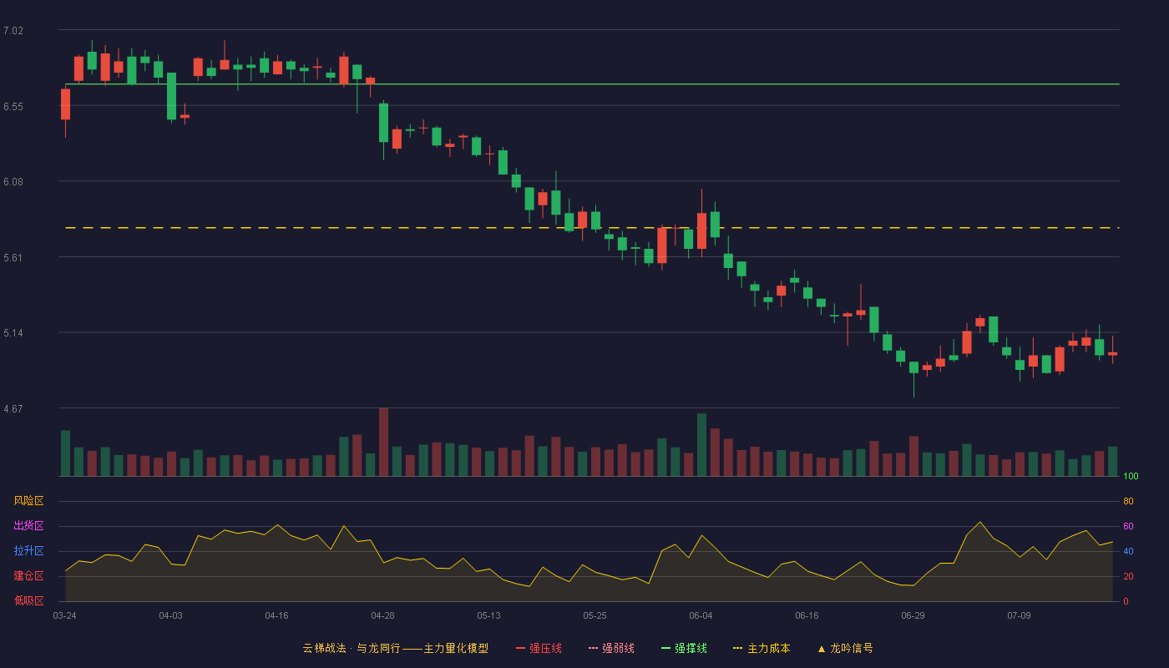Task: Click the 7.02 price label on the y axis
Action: coord(13,31)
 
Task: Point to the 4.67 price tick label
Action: coord(13,409)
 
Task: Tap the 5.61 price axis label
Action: coord(13,258)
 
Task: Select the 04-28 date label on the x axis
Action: coord(382,616)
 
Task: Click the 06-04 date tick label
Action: coord(701,616)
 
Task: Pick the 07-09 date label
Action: coord(1019,616)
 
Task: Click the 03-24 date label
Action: coord(65,616)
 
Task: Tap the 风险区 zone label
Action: coord(28,501)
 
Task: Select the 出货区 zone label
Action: coord(28,525)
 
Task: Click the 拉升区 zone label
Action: coord(28,550)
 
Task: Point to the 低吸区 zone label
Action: coord(28,600)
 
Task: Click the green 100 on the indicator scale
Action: coord(1131,476)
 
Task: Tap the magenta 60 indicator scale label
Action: coord(1128,526)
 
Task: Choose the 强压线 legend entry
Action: coord(539,648)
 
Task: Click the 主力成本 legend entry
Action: coord(762,648)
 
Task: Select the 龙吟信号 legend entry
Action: coord(845,648)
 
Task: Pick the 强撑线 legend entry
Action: coord(684,648)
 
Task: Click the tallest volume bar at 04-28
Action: coord(383,442)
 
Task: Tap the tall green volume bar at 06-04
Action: coord(702,444)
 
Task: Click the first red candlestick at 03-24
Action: coord(65,104)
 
